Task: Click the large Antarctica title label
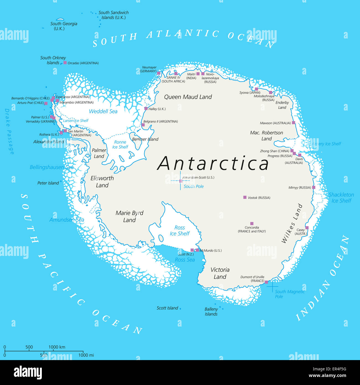[213, 163]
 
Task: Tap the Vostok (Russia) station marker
[245, 197]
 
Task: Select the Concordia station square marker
[252, 224]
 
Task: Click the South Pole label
[194, 186]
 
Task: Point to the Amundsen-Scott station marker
[181, 181]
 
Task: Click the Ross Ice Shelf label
[180, 230]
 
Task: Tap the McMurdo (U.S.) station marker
[197, 250]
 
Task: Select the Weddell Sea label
[103, 111]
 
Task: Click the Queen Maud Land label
[188, 97]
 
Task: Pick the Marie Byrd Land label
[129, 216]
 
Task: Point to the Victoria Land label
[220, 273]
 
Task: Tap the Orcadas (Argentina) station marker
[65, 63]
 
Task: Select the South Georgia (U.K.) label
[63, 26]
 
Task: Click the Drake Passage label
[9, 131]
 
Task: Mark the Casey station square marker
[307, 228]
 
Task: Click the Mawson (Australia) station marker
[294, 122]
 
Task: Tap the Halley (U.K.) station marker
[146, 109]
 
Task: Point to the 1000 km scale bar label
[57, 347]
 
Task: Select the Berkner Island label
[145, 139]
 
